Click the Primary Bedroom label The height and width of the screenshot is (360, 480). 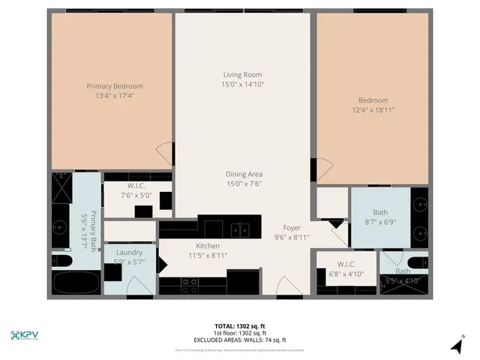click(x=114, y=86)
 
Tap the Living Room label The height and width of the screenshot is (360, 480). click(x=242, y=74)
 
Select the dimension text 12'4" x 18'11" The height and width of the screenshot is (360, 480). click(x=373, y=109)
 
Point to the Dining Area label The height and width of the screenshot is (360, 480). click(x=244, y=174)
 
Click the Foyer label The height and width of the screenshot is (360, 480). click(x=292, y=228)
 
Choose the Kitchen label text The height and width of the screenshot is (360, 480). click(x=208, y=246)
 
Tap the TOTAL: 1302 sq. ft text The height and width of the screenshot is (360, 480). click(x=240, y=326)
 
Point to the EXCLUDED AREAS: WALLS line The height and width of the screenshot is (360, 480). click(x=240, y=340)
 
